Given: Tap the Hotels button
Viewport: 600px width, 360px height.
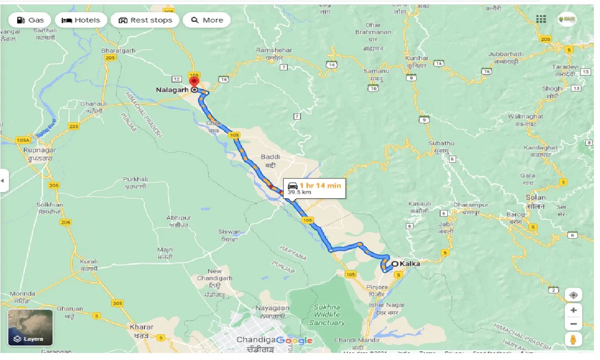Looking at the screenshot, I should (x=81, y=20).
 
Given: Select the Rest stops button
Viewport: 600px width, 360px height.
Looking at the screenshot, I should (x=145, y=20).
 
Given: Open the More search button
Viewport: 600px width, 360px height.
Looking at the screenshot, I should (x=207, y=20).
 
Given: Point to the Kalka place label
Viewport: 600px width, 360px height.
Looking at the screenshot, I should (x=410, y=263).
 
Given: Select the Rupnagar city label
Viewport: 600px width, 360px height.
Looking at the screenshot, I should (x=39, y=150).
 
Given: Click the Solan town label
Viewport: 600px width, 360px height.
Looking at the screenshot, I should (x=535, y=198).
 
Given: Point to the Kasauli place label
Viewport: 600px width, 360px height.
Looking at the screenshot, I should (x=419, y=204).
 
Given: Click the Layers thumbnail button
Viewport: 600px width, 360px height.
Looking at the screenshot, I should (x=30, y=327).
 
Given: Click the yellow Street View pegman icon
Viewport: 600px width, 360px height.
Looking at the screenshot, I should (x=573, y=339).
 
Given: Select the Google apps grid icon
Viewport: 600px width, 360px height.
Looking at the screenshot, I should (x=541, y=19).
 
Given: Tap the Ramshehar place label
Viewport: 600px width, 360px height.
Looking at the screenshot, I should (x=274, y=50).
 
